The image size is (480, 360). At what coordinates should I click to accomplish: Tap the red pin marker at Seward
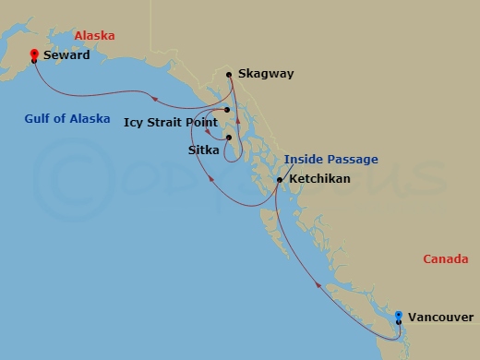pos(34,54)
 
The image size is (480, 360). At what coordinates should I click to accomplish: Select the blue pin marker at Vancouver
pos(398,316)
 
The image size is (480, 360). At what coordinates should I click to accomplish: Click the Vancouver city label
pos(439,316)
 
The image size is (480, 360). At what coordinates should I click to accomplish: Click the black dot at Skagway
pos(229,74)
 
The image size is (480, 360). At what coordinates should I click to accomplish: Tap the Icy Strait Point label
pos(170,121)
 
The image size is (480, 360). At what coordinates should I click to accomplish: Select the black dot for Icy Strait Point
pos(226,110)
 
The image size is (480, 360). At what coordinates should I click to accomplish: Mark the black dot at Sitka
pos(228,138)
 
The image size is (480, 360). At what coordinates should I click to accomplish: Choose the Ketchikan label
pos(319,178)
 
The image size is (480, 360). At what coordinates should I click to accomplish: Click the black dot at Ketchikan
pos(279,179)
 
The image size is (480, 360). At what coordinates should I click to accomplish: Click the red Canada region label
pos(445,259)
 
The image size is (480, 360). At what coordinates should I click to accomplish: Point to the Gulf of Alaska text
pos(68,118)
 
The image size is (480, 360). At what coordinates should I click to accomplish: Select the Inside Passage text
pos(330,160)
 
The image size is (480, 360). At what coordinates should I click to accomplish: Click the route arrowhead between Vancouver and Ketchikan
pos(320,286)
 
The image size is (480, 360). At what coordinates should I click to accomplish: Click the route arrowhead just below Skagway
pos(236,119)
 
